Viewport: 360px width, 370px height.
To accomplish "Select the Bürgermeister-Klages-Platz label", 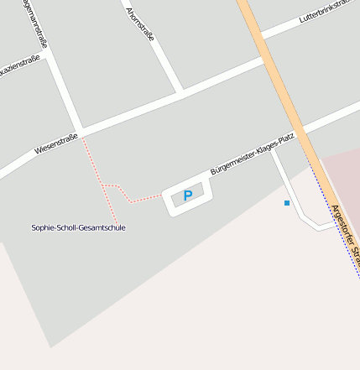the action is point(253,154).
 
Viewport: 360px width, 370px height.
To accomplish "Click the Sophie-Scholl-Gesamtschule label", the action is point(78,227).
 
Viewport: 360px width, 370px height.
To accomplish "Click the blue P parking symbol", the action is point(188,196).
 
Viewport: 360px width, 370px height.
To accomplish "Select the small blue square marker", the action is point(287,203).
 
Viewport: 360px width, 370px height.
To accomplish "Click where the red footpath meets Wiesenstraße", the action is point(82,135).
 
